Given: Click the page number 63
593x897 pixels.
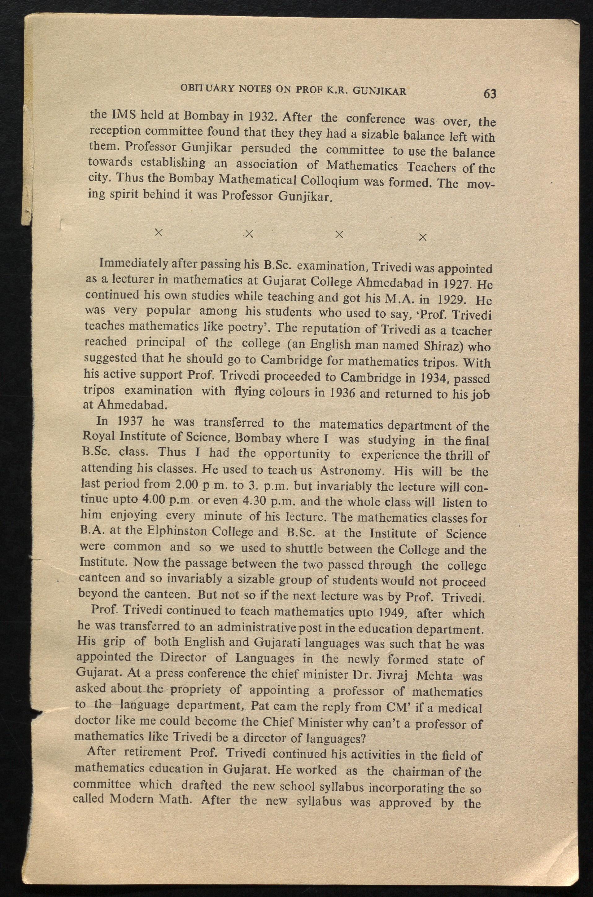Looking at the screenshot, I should [489, 94].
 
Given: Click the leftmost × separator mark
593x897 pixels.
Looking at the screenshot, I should [159, 232].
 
